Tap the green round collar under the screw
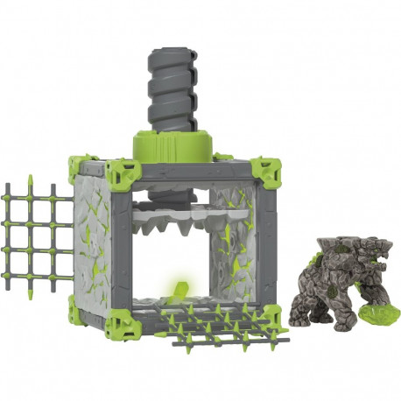tap(174, 145)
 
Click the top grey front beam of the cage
tap(193, 174)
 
